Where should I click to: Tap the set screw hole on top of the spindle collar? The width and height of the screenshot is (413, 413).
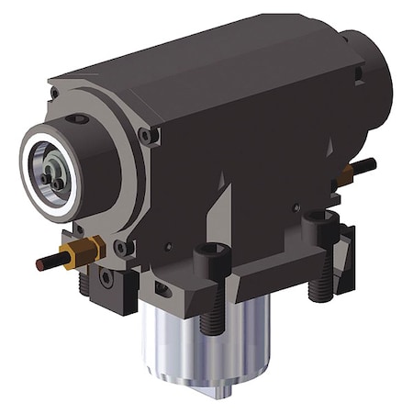(80, 118)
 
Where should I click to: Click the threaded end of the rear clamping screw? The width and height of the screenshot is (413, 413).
(320, 287)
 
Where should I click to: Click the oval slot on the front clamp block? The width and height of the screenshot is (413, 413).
(162, 290)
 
